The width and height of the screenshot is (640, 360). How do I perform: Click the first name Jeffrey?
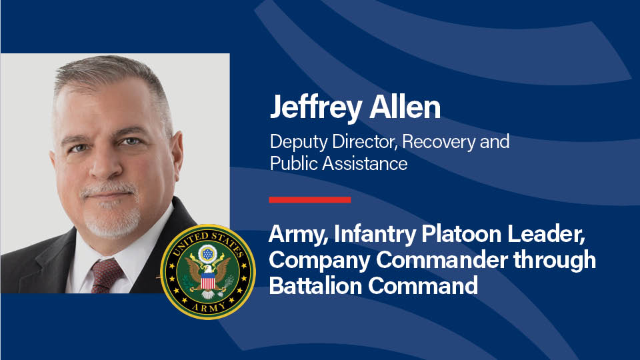point(316,107)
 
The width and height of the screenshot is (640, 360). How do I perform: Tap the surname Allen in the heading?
point(405,107)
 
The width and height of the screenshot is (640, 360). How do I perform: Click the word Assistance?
point(365,164)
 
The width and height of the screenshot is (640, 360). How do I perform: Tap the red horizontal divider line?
point(310,199)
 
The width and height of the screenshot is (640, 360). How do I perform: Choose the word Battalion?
point(315,285)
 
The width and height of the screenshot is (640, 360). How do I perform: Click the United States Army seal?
point(208,272)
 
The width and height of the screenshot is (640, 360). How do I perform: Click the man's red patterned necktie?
point(106,276)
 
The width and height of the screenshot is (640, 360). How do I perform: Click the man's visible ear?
point(177,155)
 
